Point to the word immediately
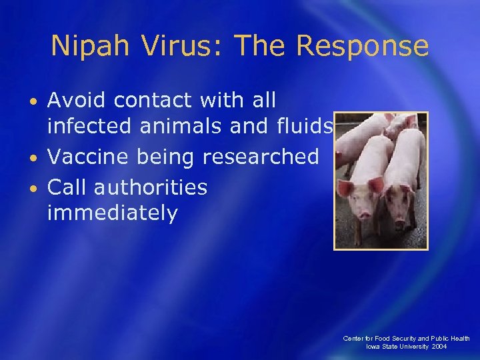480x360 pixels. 113,214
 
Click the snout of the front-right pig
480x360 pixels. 401,217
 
